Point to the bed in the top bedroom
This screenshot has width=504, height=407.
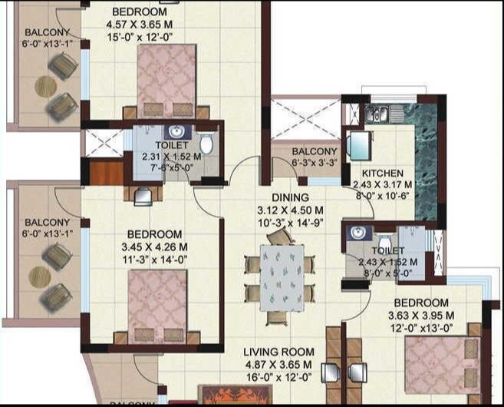click(166, 81)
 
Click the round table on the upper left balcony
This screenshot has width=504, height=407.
click(45, 87)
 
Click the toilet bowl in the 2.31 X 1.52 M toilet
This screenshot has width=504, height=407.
click(206, 144)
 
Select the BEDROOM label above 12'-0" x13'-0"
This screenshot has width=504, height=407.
click(422, 303)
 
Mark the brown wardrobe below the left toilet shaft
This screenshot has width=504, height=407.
click(107, 174)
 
